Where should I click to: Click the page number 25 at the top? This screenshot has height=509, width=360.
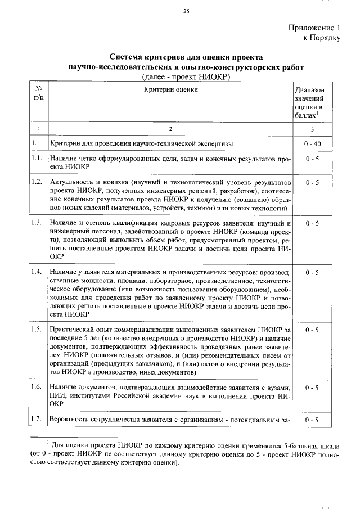(x=186, y=11)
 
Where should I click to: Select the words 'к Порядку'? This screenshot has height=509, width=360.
(x=322, y=38)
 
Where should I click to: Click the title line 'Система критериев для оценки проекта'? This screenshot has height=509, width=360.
(x=186, y=57)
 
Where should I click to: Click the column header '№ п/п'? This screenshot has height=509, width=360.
(x=39, y=93)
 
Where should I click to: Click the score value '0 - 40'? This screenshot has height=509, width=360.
(x=311, y=144)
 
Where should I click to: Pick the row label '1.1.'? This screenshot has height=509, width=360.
(x=38, y=160)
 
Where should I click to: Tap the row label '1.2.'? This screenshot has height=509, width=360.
(x=38, y=182)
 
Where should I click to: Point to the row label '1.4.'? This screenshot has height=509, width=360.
(x=38, y=272)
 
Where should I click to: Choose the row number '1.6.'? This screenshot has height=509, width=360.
(x=38, y=387)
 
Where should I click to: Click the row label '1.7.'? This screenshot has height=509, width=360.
(x=38, y=420)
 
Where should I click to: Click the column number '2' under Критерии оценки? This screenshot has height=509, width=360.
(x=170, y=129)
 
